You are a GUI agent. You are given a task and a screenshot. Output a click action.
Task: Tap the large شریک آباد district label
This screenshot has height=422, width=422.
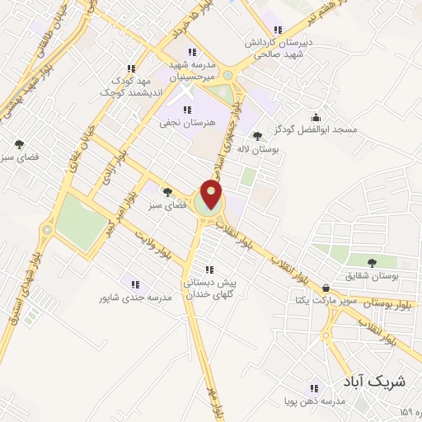tap(373, 381)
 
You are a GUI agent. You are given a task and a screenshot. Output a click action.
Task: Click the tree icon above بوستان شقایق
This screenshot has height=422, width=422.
tap(373, 263)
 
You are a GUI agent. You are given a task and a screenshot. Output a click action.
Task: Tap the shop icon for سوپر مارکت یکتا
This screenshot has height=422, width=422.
tap(327, 288)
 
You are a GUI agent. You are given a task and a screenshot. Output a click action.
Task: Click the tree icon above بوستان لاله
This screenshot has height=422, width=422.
tap(259, 137)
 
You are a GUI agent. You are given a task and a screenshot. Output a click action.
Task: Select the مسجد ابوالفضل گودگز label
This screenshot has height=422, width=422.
tap(314, 130)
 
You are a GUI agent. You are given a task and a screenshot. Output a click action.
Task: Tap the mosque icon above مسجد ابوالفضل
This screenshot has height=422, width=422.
tap(316, 117)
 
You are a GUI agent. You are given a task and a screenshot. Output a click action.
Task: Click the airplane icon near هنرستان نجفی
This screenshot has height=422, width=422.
tap(185, 109)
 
